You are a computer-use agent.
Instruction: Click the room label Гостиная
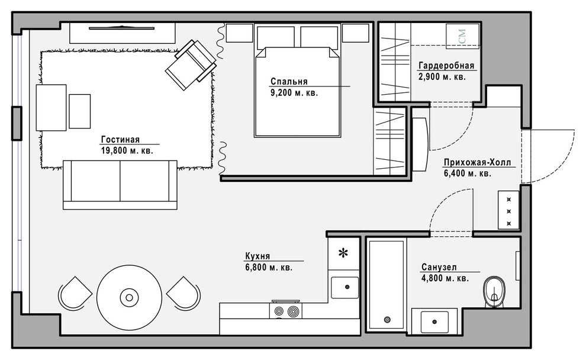point(120,139)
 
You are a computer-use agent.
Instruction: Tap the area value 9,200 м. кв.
point(294,93)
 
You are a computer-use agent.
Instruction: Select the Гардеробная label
point(446,65)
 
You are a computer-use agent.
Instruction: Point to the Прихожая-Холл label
point(477,163)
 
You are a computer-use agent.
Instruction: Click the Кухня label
point(257,256)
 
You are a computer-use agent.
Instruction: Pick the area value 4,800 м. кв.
point(445,278)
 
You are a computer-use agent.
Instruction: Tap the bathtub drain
point(387,320)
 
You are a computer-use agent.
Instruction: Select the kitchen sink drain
point(347,287)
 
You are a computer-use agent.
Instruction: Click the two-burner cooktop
point(286,311)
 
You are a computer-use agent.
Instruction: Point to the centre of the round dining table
point(129,298)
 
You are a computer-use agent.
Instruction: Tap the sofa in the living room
point(120,185)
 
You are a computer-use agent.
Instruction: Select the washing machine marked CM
point(463,36)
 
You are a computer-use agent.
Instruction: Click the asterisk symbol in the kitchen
point(343,253)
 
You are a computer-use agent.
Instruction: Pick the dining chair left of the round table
point(75,294)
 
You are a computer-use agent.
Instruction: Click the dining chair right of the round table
point(183,294)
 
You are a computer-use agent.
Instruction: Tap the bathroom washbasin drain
point(434,322)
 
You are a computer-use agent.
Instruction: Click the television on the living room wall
point(122,27)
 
